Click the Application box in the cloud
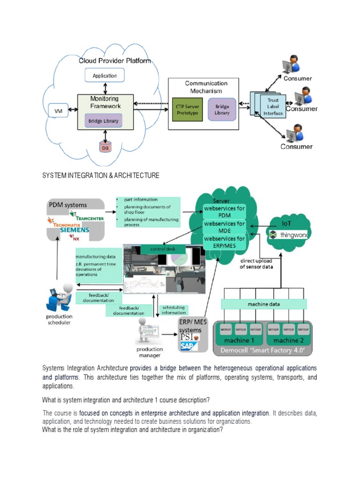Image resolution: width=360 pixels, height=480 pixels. pos(105,75)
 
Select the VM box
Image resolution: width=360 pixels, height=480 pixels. pos(58,111)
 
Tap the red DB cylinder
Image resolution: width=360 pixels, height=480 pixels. pos(105,147)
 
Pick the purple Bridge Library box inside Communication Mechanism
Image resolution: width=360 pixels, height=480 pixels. pos(222,110)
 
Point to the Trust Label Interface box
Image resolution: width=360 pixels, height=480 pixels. pos(272,106)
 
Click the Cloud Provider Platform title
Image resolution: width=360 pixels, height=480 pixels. pos(114,61)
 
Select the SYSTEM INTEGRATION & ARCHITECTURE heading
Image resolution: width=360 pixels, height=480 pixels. pos(101,175)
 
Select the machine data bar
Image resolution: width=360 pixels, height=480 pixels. pos(264,304)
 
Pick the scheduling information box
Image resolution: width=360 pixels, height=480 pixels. pos(173,310)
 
